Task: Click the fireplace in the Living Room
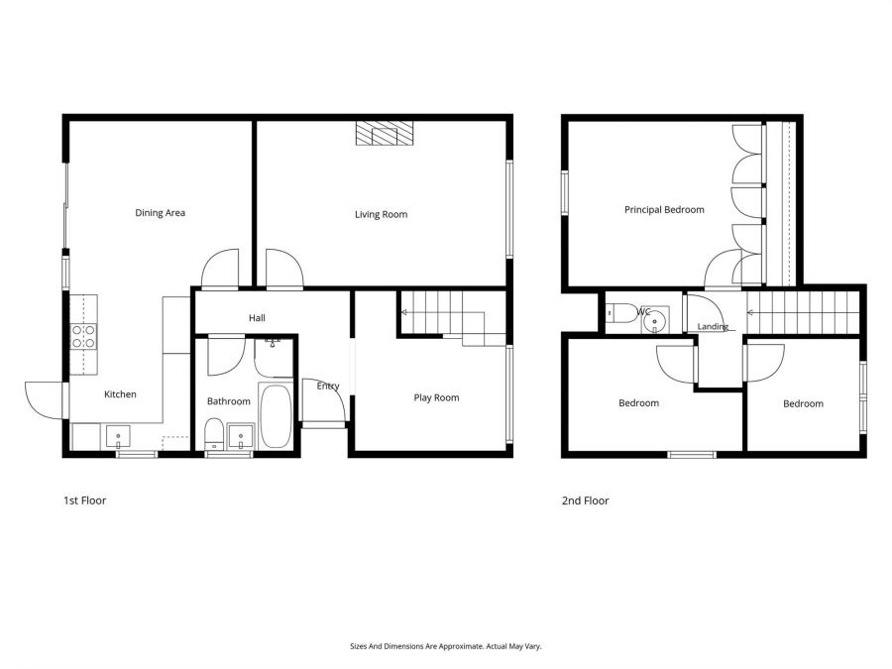(x=383, y=134)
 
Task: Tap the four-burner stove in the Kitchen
(x=83, y=337)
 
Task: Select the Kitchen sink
(x=118, y=435)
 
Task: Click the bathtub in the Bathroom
(x=275, y=416)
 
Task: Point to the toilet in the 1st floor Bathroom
(x=214, y=434)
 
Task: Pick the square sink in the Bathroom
(x=240, y=435)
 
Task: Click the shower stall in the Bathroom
(x=274, y=357)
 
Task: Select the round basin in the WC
(x=654, y=318)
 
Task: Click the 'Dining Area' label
(x=160, y=213)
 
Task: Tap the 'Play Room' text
(x=436, y=397)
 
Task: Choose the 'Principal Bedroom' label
(x=664, y=210)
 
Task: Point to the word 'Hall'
(x=257, y=318)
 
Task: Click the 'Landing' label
(x=713, y=327)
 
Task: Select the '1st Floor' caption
(x=84, y=501)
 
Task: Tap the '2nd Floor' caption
(x=585, y=501)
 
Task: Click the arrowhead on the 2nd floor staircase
(x=750, y=312)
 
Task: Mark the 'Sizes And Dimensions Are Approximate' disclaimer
(x=445, y=646)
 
